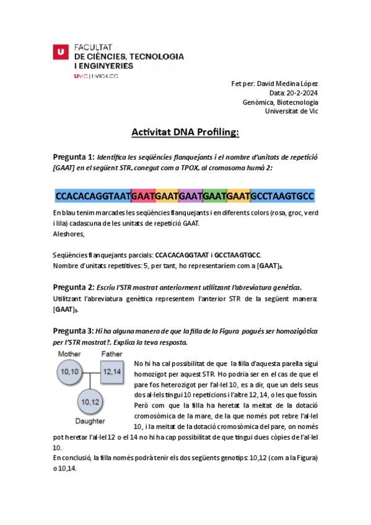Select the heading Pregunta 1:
click(x=74, y=156)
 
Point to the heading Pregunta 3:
click(x=74, y=331)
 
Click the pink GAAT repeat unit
click(x=143, y=196)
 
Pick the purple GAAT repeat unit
click(x=191, y=196)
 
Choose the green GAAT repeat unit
click(x=214, y=196)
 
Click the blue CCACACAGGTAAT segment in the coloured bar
click(x=93, y=196)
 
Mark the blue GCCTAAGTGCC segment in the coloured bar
click(x=282, y=196)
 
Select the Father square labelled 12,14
click(x=112, y=371)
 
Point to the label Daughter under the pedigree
click(x=90, y=421)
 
